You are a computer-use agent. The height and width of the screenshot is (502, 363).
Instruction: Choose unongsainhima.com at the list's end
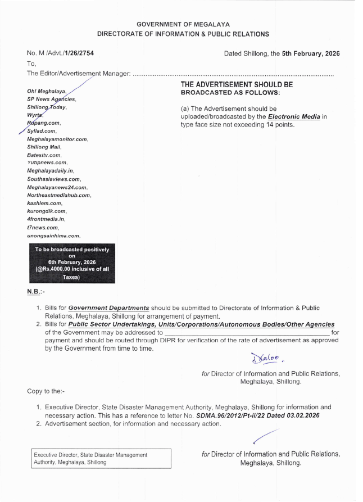click(54, 236)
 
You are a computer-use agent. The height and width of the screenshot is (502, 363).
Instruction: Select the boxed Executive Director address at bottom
click(100, 458)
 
